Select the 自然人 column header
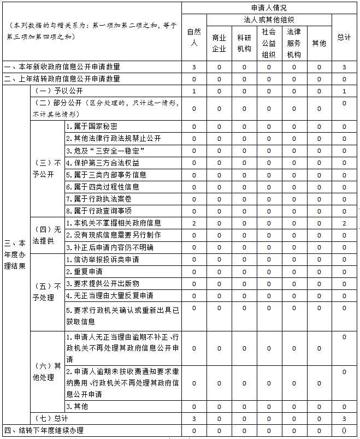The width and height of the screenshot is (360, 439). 194,37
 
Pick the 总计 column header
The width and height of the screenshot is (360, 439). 344,37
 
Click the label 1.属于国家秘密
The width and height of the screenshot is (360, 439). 93,127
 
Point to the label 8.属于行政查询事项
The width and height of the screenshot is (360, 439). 98,211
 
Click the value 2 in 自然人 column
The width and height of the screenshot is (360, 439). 194,223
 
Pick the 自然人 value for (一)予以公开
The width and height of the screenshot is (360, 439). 194,91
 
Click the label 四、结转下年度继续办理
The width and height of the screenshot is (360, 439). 44,430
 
